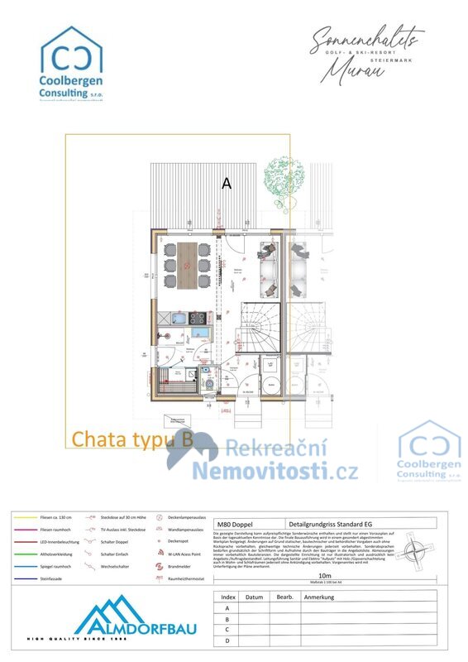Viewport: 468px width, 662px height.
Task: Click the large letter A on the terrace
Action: (x=226, y=184)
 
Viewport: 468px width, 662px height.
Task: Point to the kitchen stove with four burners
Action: (x=197, y=317)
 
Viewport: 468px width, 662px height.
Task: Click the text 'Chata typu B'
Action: (x=132, y=439)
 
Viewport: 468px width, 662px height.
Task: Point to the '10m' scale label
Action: (x=325, y=574)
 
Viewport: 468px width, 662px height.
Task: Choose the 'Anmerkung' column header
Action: (x=320, y=597)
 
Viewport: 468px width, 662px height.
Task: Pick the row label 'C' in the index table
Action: (x=227, y=629)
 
